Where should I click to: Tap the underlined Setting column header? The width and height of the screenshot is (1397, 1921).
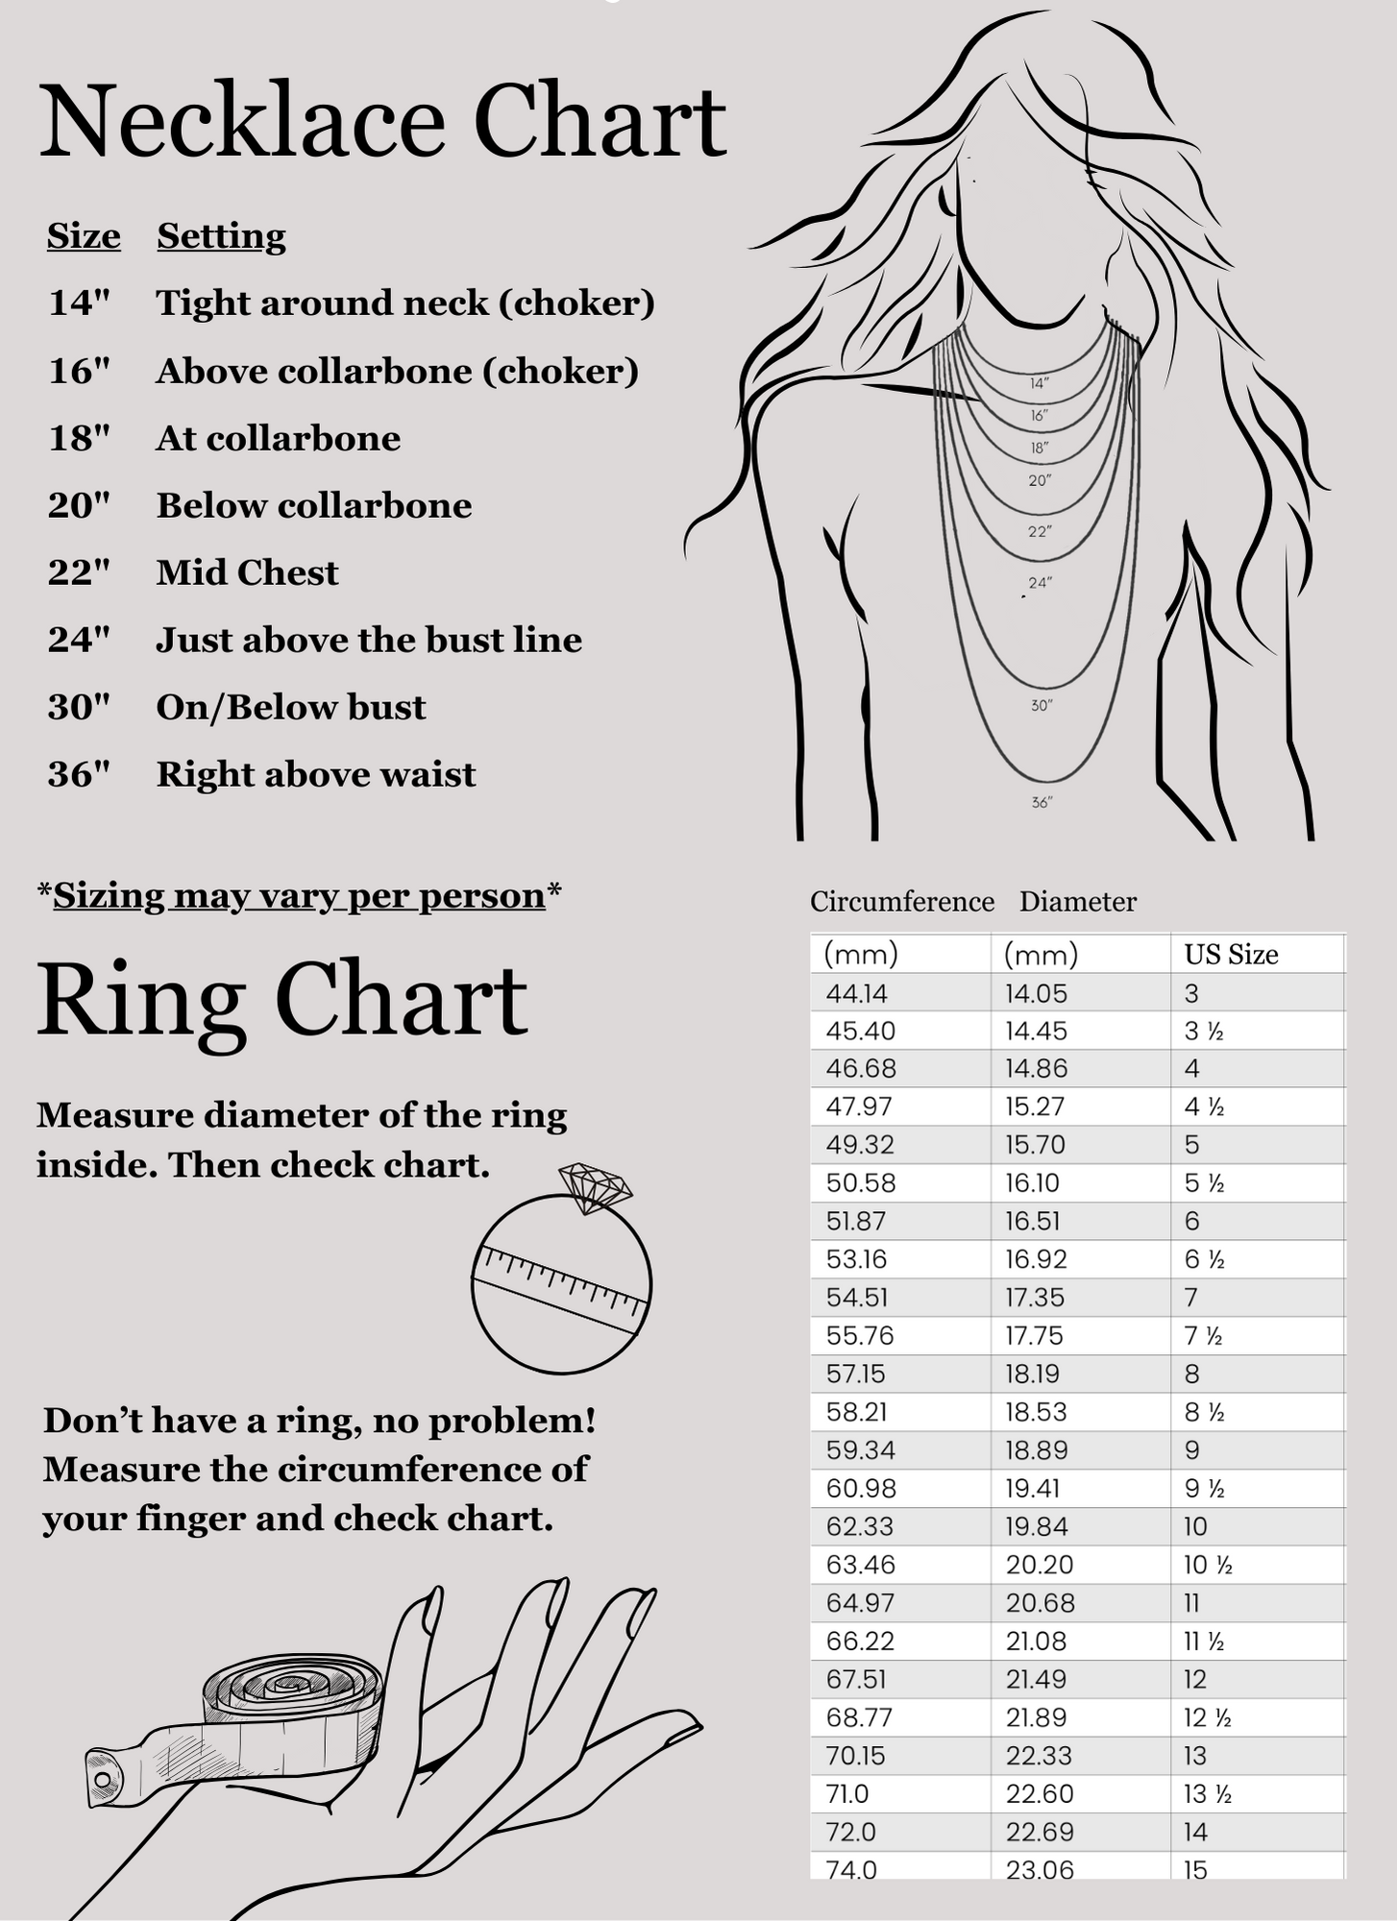click(221, 236)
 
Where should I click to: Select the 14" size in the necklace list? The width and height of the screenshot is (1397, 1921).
click(79, 304)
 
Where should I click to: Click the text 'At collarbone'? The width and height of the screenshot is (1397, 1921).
click(278, 439)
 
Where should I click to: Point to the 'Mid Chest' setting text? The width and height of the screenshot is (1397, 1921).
click(247, 573)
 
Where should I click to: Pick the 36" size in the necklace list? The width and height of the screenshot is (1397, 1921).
click(79, 775)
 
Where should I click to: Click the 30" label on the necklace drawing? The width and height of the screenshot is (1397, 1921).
click(1042, 706)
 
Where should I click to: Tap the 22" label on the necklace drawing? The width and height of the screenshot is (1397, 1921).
click(1040, 531)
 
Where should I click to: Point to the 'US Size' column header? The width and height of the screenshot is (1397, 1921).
click(1231, 955)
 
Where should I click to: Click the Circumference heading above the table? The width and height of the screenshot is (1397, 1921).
click(901, 902)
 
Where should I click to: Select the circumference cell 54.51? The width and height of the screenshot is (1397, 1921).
click(857, 1298)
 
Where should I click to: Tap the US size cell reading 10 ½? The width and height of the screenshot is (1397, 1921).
click(1208, 1566)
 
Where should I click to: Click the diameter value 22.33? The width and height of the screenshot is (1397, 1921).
click(1039, 1756)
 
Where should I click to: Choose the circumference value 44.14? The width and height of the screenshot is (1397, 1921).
click(856, 994)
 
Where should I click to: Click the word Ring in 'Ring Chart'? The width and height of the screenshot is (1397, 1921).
click(140, 1001)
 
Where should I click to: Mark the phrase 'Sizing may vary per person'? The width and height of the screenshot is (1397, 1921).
click(299, 896)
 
